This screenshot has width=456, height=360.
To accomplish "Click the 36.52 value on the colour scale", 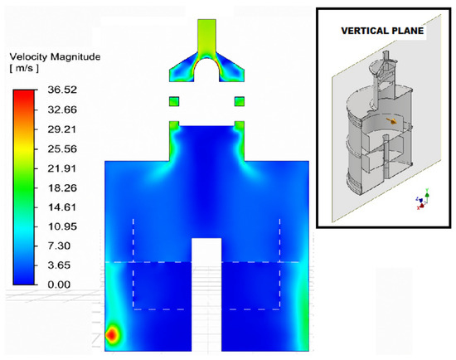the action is [62, 90].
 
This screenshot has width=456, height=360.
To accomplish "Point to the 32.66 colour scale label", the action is [62, 109].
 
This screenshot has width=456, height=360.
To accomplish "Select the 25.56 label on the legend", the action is [62, 149].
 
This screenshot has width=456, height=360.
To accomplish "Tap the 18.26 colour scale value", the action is [62, 188].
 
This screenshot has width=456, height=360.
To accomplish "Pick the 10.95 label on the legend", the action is [62, 226].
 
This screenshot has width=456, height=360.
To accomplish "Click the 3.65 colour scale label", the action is [59, 265].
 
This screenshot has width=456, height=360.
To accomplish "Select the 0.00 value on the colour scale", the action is [59, 285].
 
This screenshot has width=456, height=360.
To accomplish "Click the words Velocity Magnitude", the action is [55, 56].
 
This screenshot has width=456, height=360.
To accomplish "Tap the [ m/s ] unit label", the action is [24, 69].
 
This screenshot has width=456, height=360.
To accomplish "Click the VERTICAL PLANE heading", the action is [382, 31].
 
